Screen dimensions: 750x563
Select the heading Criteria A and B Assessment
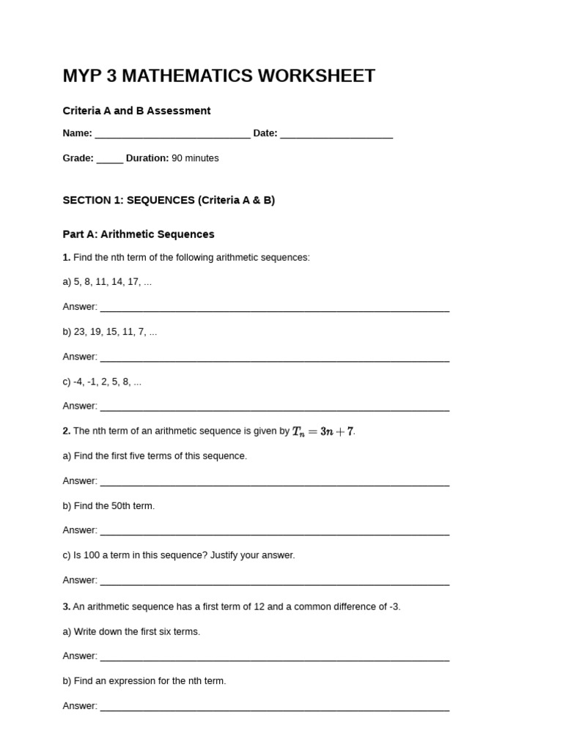click(x=136, y=111)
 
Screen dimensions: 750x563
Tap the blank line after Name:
click(x=172, y=135)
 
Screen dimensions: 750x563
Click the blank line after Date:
click(x=336, y=135)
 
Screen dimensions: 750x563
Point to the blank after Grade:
click(x=110, y=160)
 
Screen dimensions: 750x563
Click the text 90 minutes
click(x=195, y=158)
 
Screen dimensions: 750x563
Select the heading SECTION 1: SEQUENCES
click(x=169, y=200)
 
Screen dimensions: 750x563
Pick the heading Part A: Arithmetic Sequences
click(x=139, y=234)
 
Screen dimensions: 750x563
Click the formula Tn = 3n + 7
click(x=323, y=431)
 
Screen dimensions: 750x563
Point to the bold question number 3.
click(x=67, y=606)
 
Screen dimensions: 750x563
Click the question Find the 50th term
click(x=114, y=506)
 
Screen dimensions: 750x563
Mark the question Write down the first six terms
click(x=137, y=631)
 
